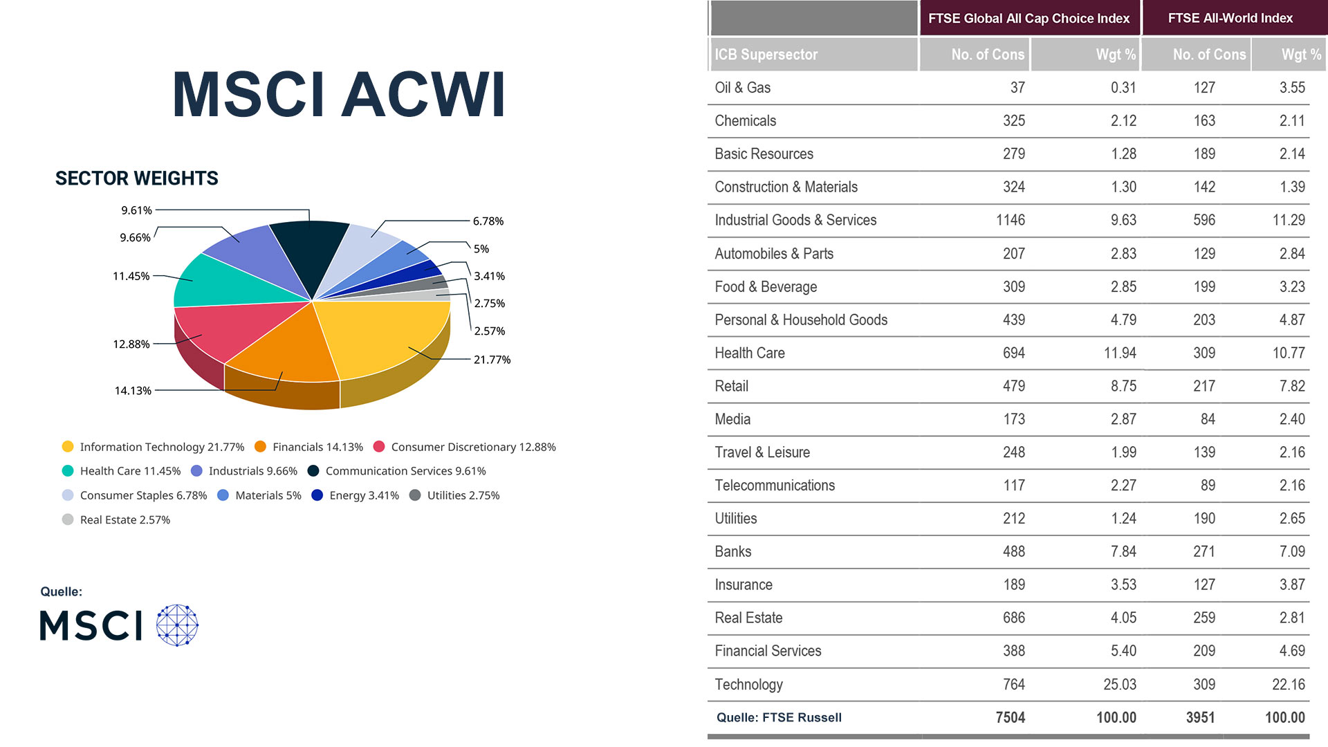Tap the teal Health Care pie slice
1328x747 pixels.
[x=228, y=284]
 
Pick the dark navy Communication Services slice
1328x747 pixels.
[x=311, y=252]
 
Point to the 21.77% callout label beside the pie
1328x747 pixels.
[x=492, y=360]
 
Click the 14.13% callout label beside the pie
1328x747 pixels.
[x=133, y=391]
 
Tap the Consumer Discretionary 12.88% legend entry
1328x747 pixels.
[x=465, y=447]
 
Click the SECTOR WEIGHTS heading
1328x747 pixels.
[x=136, y=178]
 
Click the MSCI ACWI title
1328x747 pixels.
[x=339, y=95]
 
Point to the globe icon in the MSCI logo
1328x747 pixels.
[x=177, y=625]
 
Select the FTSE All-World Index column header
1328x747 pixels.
[x=1230, y=18]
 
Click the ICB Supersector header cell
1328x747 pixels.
[x=766, y=55]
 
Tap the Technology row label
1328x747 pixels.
[x=748, y=684]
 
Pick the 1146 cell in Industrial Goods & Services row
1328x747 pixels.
[x=1011, y=220]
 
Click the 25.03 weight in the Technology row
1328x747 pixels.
[x=1119, y=684]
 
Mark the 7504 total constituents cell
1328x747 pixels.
[x=1010, y=717]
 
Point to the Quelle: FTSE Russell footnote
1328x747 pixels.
[x=779, y=717]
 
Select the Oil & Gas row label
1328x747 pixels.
[x=742, y=88]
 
